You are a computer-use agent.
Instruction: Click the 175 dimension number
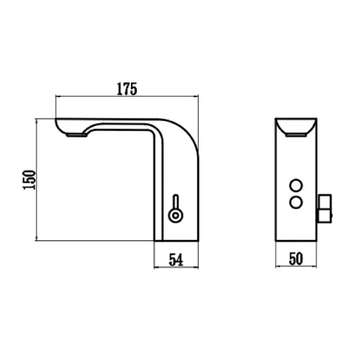[x=127, y=89]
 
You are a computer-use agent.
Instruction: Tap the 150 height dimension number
[x=30, y=180]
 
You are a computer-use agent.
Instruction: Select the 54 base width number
[x=176, y=260]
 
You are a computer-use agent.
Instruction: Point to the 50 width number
[x=296, y=258]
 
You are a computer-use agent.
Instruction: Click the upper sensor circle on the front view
[x=296, y=186]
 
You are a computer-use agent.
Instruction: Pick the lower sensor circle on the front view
[x=296, y=203]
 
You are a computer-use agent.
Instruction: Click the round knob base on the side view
[x=176, y=215]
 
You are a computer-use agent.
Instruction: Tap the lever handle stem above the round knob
[x=176, y=202]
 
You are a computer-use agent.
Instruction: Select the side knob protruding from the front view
[x=325, y=208]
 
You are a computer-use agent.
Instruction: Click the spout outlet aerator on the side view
[x=76, y=135]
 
